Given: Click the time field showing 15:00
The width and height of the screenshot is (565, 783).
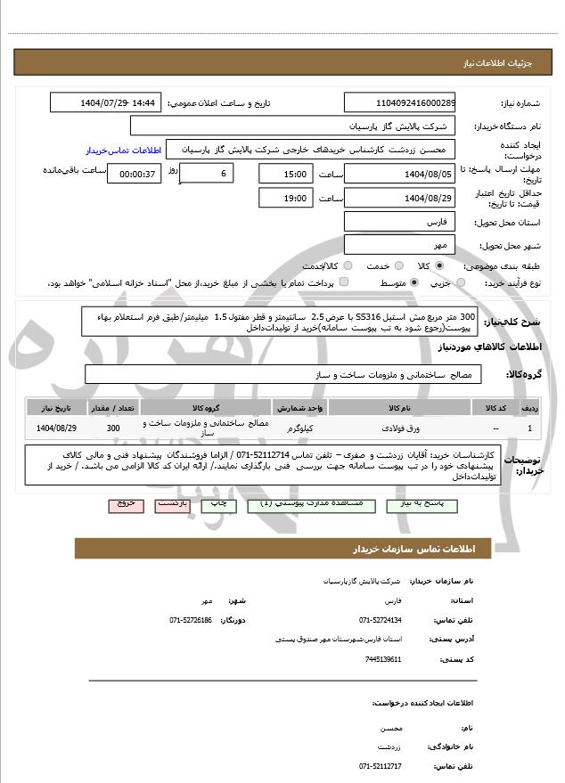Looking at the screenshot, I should [x=285, y=174].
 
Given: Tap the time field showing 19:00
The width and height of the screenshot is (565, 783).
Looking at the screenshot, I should [x=285, y=198].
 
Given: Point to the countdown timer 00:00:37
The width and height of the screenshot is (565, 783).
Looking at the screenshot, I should [x=134, y=174].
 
